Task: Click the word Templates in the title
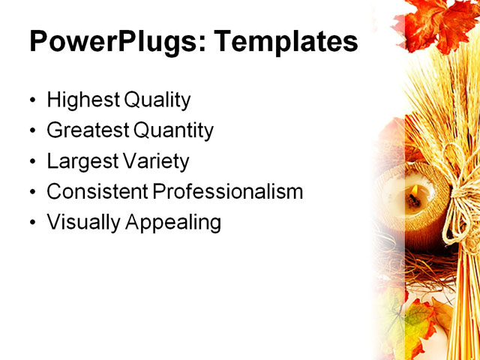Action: coord(286,43)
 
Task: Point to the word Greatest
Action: coord(88,131)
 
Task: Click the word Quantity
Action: coord(173,131)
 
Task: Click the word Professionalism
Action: coord(229,192)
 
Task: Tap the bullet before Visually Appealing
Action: coord(31,223)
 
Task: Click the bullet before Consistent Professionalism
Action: coord(31,193)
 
